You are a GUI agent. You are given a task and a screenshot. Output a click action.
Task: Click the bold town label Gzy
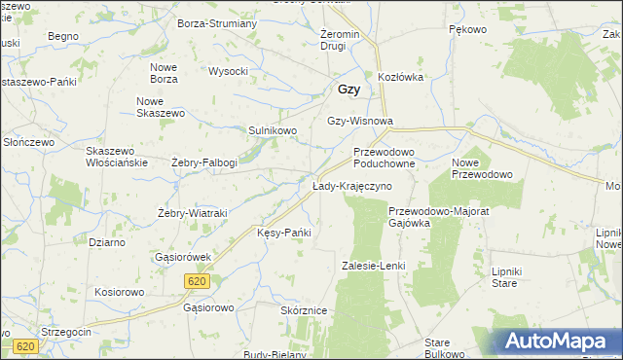pyautogui.click(x=349, y=89)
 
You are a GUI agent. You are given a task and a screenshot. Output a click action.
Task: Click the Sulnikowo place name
pyautogui.click(x=272, y=129)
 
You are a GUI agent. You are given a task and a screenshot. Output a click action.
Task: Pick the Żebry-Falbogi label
pyautogui.click(x=204, y=162)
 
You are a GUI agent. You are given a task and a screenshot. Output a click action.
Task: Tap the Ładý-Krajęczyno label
pyautogui.click(x=351, y=185)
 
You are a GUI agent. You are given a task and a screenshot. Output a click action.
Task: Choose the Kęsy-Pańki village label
pyautogui.click(x=283, y=233)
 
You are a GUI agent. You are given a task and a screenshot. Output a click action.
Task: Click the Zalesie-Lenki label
pyautogui.click(x=373, y=265)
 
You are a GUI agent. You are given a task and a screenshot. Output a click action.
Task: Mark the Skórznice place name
pyautogui.click(x=303, y=309)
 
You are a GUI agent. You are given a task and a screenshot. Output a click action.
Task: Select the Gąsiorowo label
pyautogui.click(x=209, y=307)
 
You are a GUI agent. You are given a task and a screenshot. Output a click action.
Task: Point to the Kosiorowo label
pyautogui.click(x=120, y=292)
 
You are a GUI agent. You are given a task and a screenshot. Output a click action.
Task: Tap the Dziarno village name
pyautogui.click(x=106, y=242)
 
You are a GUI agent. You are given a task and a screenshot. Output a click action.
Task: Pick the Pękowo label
pyautogui.click(x=467, y=30)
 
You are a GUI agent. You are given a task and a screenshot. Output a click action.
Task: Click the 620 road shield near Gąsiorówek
pyautogui.click(x=196, y=280)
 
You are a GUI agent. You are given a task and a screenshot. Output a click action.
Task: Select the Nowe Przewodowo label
pyautogui.click(x=482, y=168)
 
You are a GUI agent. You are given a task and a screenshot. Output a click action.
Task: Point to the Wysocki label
pyautogui.click(x=229, y=71)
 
